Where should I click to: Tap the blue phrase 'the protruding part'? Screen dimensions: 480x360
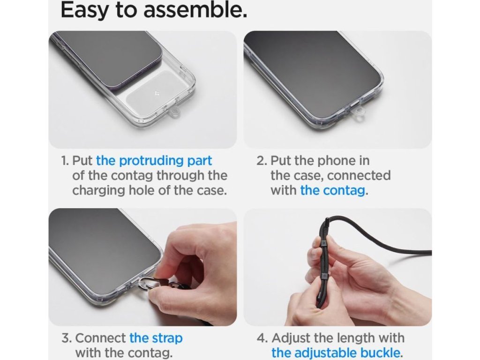(154, 161)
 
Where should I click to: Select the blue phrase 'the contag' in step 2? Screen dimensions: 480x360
(332, 191)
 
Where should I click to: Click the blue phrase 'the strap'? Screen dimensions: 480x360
(156, 338)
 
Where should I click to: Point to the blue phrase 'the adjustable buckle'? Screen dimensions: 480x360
(336, 352)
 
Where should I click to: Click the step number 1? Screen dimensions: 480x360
(65, 161)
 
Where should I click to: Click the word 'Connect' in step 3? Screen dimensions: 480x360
(100, 338)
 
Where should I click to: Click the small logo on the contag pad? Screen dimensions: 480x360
(157, 94)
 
